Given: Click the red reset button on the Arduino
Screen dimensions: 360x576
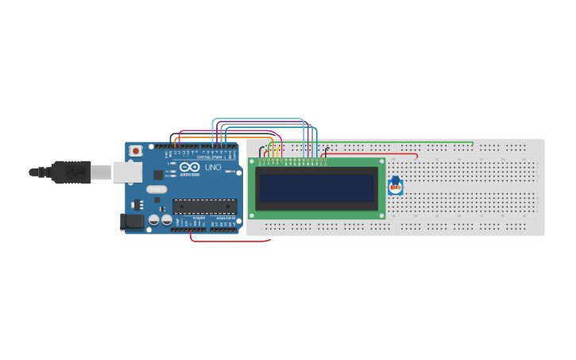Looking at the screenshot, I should coord(136,150).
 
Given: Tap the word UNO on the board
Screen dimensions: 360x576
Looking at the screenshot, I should coord(213,168).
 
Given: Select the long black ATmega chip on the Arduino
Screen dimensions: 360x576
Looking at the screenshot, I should coord(204,207).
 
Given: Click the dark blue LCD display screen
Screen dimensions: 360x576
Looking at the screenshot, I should coord(316,188).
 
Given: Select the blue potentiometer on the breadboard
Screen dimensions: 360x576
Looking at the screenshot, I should coord(395,187).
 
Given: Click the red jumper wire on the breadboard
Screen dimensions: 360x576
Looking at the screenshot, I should coord(373,153).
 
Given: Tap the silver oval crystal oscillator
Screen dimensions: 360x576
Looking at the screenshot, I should coord(157,189).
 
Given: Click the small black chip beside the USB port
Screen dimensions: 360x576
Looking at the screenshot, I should coord(158,174).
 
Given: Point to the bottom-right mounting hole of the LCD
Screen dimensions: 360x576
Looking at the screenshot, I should coord(381,215).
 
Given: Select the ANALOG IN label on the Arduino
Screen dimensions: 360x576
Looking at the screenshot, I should coord(222,229).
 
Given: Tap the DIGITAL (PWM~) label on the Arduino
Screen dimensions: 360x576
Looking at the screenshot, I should coord(211,157).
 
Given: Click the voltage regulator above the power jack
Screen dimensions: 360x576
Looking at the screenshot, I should coord(137,203).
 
